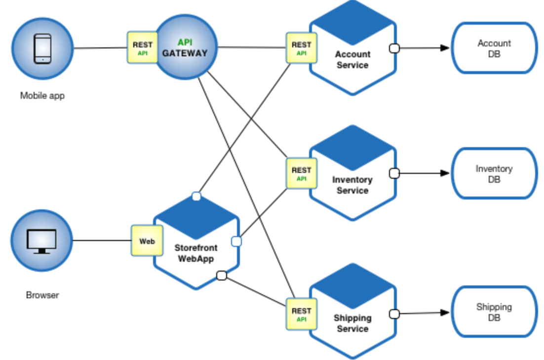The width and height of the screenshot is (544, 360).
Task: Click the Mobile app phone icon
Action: click(x=42, y=48)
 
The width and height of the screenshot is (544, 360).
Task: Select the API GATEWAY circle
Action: click(x=185, y=47)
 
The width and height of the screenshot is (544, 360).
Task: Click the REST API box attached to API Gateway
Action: click(x=142, y=47)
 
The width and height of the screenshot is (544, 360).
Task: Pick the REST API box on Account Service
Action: click(x=301, y=48)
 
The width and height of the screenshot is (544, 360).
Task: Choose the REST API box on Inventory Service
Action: click(x=301, y=173)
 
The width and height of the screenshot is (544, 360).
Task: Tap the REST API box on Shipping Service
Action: click(x=301, y=314)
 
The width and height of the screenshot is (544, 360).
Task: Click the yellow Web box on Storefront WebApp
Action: click(x=147, y=240)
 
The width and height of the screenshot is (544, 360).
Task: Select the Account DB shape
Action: click(x=494, y=48)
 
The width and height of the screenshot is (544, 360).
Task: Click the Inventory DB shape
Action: click(x=494, y=173)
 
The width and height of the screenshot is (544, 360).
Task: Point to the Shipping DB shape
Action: click(x=494, y=312)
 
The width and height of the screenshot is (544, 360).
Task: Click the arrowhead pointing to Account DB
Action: click(x=445, y=48)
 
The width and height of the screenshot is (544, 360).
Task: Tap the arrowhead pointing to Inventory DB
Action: click(x=445, y=173)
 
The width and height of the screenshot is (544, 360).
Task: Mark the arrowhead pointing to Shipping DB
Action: click(x=445, y=313)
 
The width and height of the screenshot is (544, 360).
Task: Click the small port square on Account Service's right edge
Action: click(x=394, y=48)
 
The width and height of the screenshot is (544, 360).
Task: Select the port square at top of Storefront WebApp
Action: click(x=196, y=197)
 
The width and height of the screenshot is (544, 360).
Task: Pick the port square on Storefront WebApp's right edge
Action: click(x=236, y=241)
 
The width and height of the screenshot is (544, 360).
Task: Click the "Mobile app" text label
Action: click(x=42, y=95)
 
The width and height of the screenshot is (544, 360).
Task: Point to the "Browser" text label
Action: click(x=42, y=295)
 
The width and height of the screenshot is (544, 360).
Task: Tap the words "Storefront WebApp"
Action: click(x=195, y=253)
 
